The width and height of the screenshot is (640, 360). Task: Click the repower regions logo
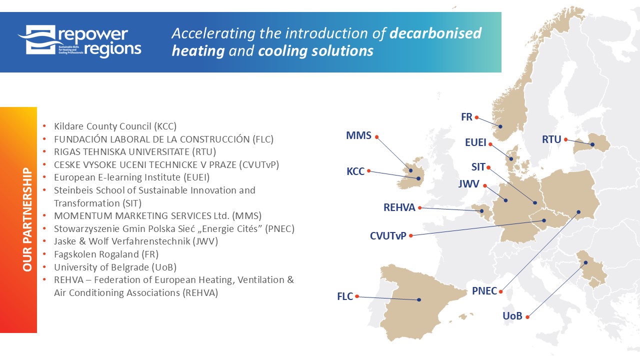point(79,41)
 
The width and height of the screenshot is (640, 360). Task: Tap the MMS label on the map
point(358,135)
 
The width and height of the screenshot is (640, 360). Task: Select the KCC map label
point(355,171)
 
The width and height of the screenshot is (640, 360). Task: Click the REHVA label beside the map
point(399,207)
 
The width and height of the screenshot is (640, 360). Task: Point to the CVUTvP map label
point(388,236)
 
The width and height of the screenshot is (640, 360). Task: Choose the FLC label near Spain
point(345,296)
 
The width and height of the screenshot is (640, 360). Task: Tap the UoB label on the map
point(512,316)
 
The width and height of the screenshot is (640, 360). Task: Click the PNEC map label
point(484,291)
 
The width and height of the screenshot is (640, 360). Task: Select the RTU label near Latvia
point(551,139)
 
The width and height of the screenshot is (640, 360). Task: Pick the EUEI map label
point(475,142)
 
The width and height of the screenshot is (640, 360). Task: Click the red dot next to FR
point(476,117)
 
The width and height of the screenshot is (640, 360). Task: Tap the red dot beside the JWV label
point(485,185)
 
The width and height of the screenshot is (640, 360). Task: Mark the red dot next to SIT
point(488,167)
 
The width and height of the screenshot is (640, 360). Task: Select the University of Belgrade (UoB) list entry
point(115,267)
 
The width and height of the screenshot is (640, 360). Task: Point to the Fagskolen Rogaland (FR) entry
point(106,254)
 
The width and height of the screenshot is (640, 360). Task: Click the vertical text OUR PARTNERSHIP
point(27,219)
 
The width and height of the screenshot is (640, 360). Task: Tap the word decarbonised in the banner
point(435,33)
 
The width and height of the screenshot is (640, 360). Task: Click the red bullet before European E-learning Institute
point(44,177)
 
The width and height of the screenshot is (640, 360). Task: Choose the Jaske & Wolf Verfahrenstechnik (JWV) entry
point(136,241)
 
